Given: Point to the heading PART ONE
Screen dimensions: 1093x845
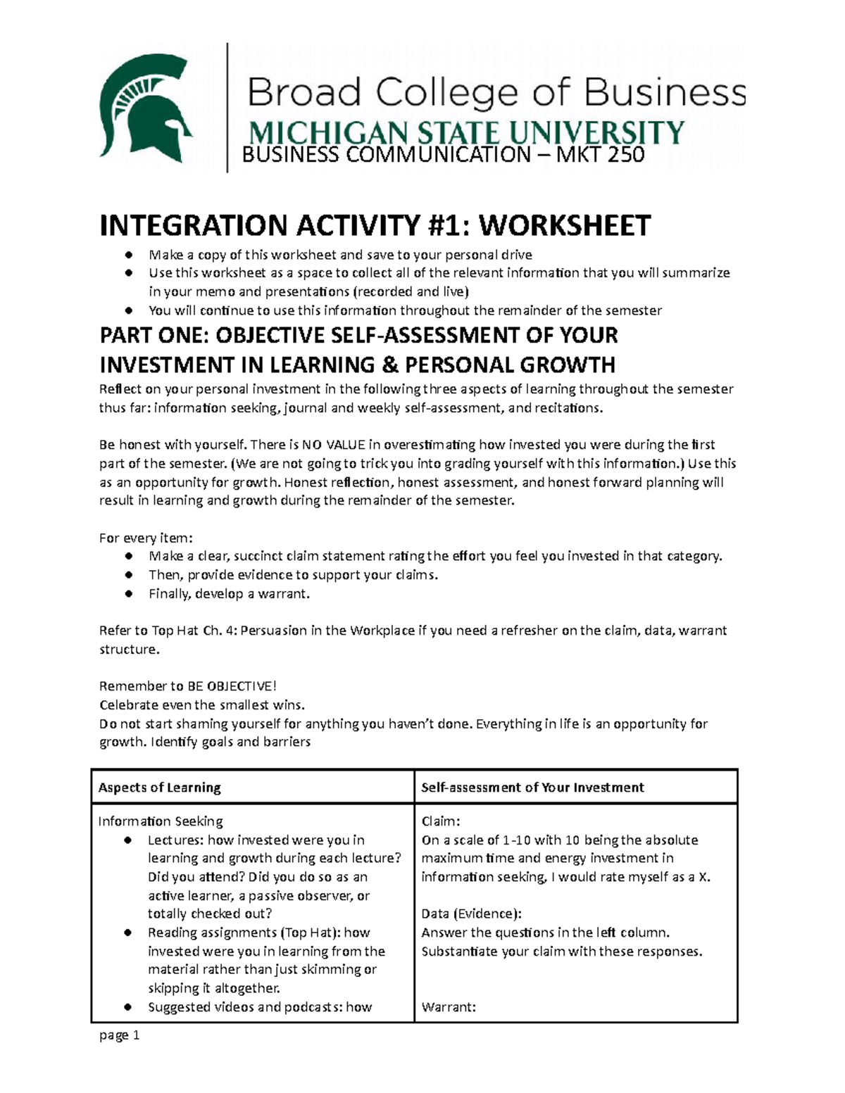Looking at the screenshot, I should coord(150,336).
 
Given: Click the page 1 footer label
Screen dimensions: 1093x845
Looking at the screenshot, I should coord(120,1035).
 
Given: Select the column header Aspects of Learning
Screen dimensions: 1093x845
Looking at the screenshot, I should coord(159,788).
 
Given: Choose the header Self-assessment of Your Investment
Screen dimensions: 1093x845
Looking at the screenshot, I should coord(532,788).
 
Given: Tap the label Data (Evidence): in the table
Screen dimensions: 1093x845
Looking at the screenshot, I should coord(471,914).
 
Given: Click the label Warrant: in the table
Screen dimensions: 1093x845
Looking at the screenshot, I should coord(449,1007).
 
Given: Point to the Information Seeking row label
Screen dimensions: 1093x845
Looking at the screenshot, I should coord(161,821).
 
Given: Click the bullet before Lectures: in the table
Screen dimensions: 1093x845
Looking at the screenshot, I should coord(127,840).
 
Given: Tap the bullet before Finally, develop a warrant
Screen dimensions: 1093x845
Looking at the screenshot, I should coord(128,594).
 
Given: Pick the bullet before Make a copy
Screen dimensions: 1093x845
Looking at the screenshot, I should coord(128,255).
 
